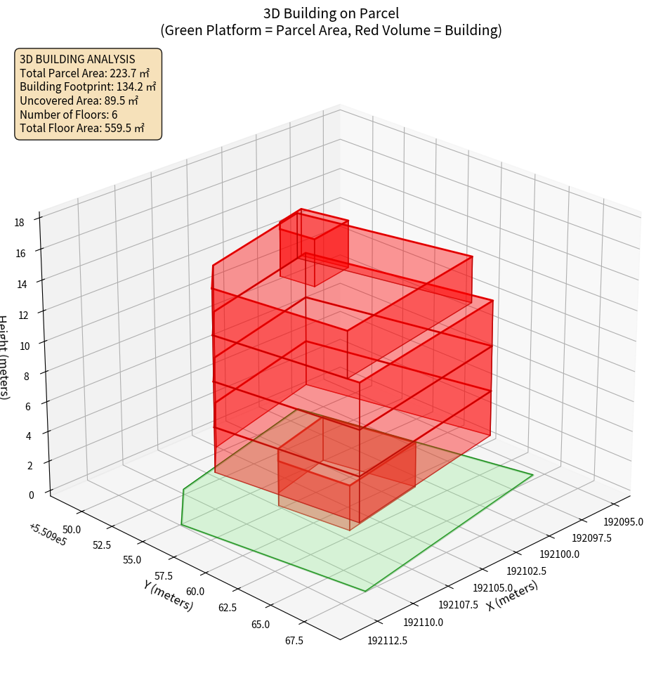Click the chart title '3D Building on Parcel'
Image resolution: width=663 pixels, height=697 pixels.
click(x=331, y=13)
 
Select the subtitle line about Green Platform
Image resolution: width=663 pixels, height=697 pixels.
click(x=331, y=30)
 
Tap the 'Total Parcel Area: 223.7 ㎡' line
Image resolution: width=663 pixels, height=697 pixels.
click(x=84, y=73)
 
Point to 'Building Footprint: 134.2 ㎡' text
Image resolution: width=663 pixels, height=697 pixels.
click(x=88, y=87)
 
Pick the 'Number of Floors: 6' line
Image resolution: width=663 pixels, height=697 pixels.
click(x=68, y=115)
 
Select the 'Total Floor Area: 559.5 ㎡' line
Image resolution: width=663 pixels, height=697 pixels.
click(x=82, y=129)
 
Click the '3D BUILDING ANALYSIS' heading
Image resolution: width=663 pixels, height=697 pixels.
click(x=77, y=60)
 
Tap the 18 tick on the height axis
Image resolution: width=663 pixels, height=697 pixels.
click(x=19, y=223)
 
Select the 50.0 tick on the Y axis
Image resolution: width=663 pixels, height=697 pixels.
click(x=72, y=529)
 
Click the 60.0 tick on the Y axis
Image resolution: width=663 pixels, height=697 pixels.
click(x=196, y=592)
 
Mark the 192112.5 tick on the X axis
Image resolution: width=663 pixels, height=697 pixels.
click(x=387, y=640)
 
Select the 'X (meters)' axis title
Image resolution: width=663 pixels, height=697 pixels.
click(x=512, y=594)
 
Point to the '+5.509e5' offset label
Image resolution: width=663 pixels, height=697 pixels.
click(x=48, y=535)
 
